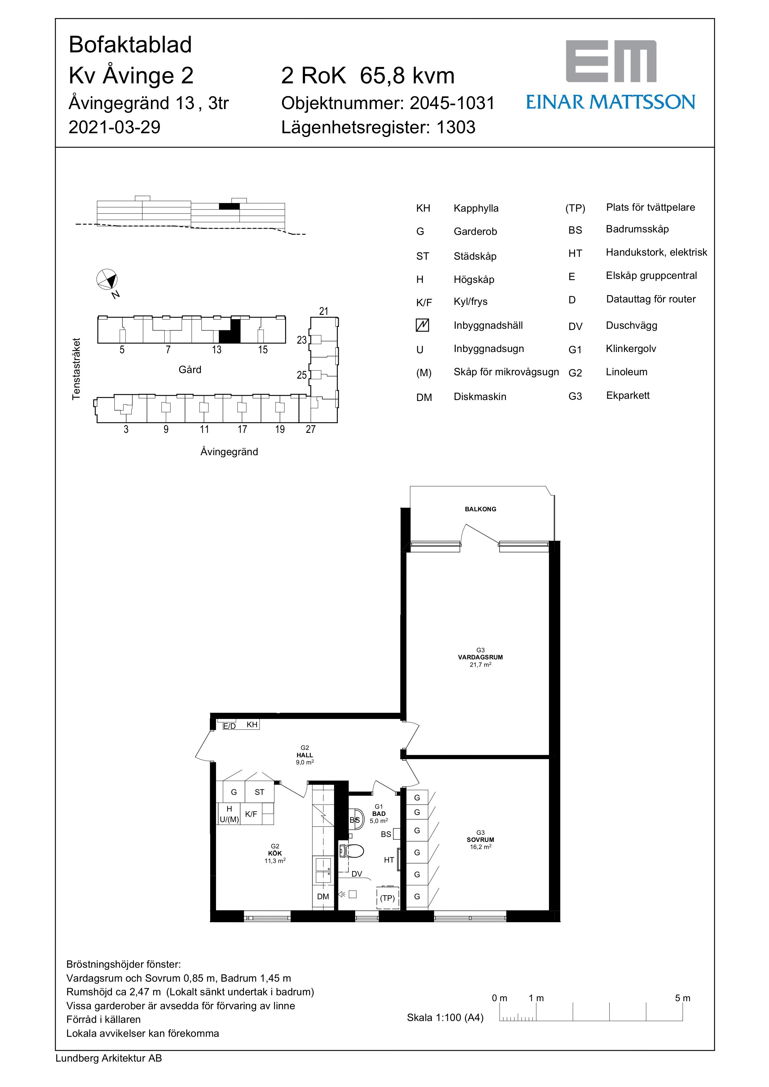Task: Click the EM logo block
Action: tap(611, 61)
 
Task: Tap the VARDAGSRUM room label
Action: tap(480, 657)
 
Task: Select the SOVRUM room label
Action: tap(480, 839)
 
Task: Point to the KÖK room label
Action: tap(275, 853)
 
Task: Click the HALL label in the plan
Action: tap(304, 755)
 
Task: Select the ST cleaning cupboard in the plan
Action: tap(259, 792)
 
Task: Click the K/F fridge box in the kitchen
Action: tap(251, 814)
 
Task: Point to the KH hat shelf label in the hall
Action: tap(252, 724)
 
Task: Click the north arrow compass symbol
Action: tap(107, 279)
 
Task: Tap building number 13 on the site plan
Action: tap(216, 350)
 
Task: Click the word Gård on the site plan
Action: tap(190, 370)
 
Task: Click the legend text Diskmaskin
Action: tap(480, 397)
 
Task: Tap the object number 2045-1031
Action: tap(452, 103)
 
